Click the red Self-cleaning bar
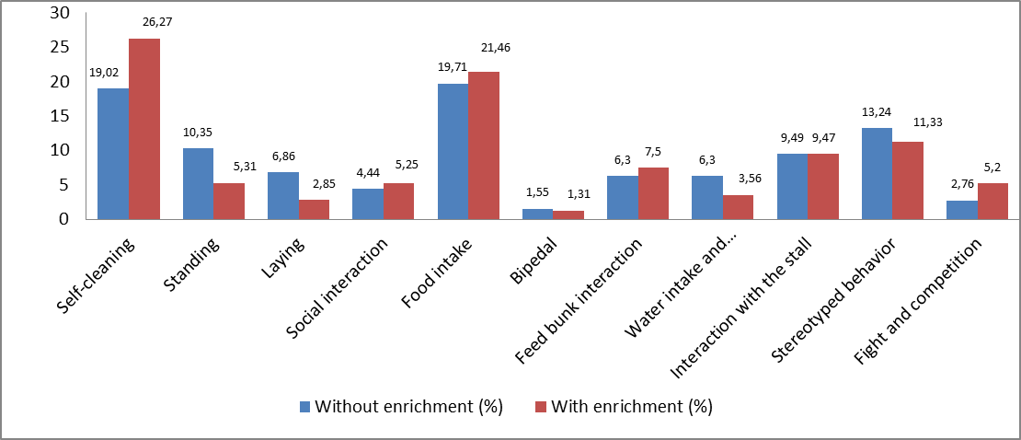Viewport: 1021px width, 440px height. [x=144, y=129]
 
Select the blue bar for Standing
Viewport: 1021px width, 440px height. [x=198, y=184]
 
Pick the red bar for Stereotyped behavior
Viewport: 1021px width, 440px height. [x=908, y=180]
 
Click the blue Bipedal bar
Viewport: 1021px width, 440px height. [x=537, y=214]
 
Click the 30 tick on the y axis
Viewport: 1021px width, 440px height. [x=61, y=13]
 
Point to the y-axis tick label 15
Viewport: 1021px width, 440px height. [x=61, y=116]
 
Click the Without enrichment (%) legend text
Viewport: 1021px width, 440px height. [x=408, y=406]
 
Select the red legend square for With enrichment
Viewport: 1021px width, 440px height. [x=541, y=406]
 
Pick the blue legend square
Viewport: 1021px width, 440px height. [x=305, y=406]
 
